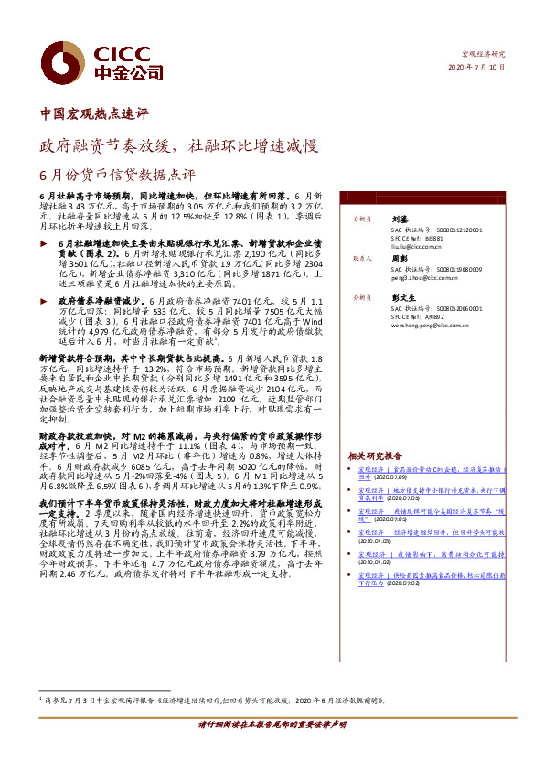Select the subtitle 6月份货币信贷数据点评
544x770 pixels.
117,173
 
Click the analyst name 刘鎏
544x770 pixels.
400,220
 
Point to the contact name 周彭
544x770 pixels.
400,259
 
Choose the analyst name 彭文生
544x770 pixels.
402,298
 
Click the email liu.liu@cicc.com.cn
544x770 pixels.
417,247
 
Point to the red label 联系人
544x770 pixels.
363,259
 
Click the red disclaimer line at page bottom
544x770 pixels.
272,749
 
